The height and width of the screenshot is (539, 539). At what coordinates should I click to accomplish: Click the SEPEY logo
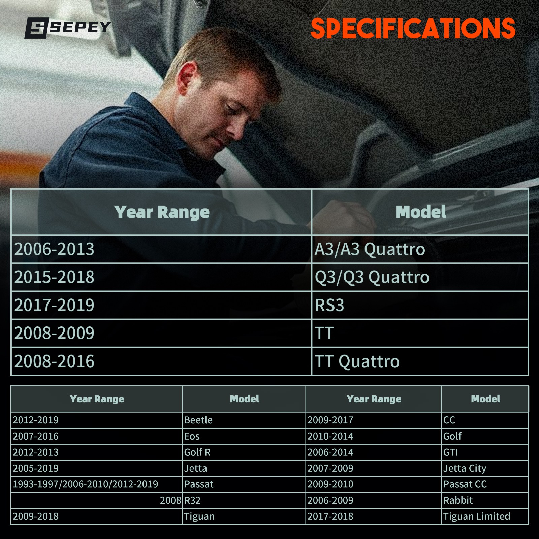[68, 28]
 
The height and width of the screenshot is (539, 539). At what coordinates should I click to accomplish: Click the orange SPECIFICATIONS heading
[413, 28]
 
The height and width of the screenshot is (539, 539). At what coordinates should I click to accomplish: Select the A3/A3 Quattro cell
[420, 249]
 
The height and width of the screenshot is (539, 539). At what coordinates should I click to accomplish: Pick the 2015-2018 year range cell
[161, 277]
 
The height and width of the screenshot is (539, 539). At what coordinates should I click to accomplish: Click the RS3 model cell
[420, 305]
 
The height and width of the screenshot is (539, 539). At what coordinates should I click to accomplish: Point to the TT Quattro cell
[420, 361]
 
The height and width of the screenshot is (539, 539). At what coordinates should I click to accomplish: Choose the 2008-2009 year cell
[161, 333]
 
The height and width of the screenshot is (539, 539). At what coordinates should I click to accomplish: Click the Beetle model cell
[244, 420]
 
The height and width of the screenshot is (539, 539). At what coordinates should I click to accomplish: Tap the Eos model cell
[244, 436]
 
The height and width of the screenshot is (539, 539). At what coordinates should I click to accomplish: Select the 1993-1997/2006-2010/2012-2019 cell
[97, 484]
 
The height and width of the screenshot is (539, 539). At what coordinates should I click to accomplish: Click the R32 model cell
[244, 500]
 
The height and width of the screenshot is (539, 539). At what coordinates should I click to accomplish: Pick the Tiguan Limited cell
[485, 516]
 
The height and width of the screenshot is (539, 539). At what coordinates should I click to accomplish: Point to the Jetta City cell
[485, 468]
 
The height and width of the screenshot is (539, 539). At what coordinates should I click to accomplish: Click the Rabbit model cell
[485, 500]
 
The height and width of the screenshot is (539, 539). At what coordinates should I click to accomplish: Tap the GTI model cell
[485, 452]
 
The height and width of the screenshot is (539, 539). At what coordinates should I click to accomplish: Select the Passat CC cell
[485, 484]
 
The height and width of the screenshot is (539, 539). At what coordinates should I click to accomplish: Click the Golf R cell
[244, 452]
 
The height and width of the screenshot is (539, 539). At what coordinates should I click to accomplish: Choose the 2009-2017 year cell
[373, 420]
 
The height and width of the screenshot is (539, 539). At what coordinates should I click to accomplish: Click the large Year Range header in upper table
[162, 212]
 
